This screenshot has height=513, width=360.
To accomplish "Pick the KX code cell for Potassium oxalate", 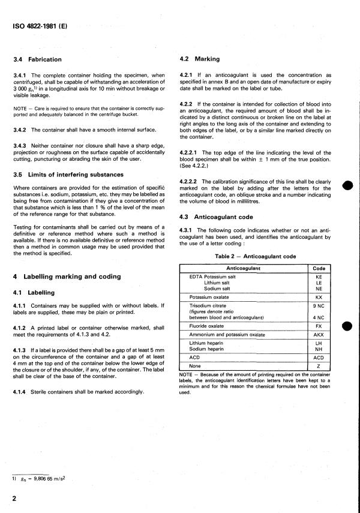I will click(x=318, y=297).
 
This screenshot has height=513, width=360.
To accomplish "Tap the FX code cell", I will click(x=318, y=325).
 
